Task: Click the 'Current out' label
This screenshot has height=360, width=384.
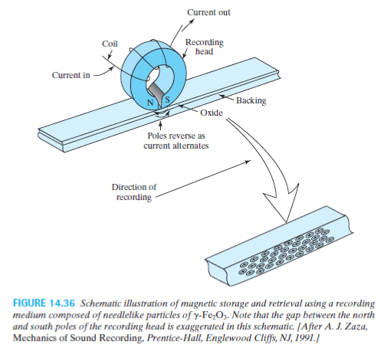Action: (208, 12)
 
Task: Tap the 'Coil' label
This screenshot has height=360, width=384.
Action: (110, 44)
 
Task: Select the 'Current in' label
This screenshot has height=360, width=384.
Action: (71, 75)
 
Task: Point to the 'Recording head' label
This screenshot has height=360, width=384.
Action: (205, 47)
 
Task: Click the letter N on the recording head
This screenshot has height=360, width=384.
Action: (151, 103)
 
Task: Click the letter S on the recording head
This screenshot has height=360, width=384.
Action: (167, 100)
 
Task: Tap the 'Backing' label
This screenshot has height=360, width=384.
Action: (251, 100)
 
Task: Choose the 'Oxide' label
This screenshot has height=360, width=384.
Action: (212, 113)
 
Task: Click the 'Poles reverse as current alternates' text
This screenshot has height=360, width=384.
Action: (176, 141)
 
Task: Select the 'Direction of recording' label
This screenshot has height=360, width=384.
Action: (134, 192)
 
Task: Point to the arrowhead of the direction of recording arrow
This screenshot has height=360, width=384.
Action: (248, 162)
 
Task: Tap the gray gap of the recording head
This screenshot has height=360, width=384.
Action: (156, 93)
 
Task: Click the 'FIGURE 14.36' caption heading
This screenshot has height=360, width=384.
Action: (44, 303)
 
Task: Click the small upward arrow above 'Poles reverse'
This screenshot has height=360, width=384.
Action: (160, 126)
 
